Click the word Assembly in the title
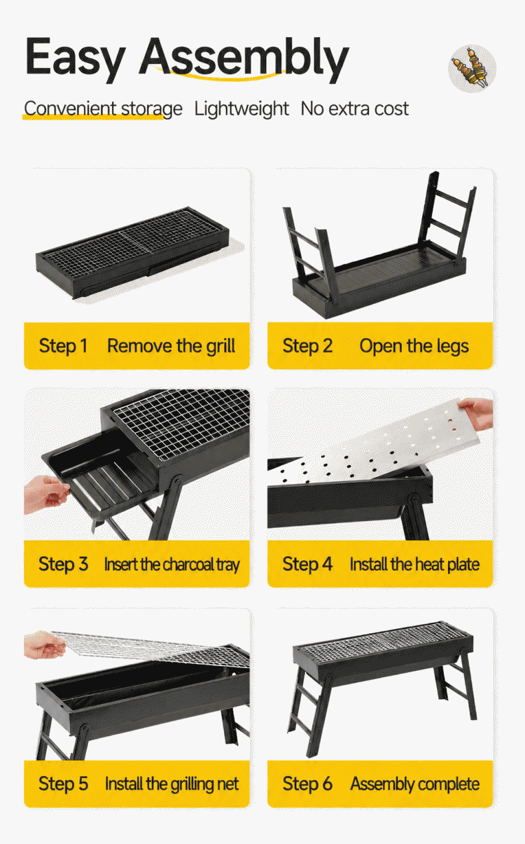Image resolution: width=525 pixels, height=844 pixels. pos(245,58)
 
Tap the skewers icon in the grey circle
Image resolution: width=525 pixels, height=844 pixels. pos(472,69)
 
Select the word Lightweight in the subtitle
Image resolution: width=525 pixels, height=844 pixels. pos(241,109)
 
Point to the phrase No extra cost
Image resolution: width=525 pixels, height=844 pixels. pos(354,109)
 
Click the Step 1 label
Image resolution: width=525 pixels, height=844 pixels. pos(63,346)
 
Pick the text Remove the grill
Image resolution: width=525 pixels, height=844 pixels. pos(171,346)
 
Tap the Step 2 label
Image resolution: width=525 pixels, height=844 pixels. pos(307,346)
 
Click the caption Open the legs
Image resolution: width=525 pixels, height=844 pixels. pos(414,346)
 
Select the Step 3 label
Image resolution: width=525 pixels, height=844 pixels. pos(63,564)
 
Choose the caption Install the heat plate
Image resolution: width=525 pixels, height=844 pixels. pos(414,565)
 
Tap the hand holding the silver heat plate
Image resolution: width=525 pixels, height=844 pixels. pos(477,413)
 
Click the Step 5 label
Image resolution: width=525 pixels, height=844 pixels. pos(63,784)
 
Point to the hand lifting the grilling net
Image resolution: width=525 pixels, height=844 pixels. pos(44,646)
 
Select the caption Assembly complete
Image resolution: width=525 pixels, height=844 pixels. pos(414,784)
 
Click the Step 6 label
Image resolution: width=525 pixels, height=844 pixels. pos(307,784)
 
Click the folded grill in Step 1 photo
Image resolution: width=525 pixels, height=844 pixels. pos(132,253)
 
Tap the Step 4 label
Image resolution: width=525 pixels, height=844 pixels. pos(307,564)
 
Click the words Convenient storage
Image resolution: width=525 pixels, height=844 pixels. pos(103,109)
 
